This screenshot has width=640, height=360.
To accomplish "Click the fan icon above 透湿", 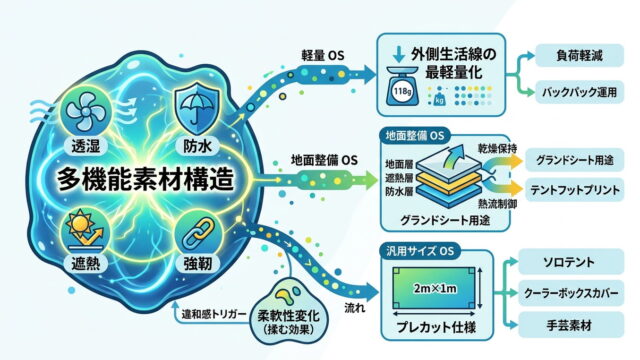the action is point(86,111).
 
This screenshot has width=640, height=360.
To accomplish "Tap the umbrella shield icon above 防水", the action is point(197,107).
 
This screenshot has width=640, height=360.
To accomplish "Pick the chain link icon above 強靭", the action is point(198,233).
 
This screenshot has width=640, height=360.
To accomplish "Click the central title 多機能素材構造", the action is point(146,179).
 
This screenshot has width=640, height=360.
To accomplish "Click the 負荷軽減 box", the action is point(580,56).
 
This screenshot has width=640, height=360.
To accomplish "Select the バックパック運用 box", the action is point(580,92).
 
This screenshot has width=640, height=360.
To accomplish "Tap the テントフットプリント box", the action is point(575,190).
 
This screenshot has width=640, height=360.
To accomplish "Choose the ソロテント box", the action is point(571,262).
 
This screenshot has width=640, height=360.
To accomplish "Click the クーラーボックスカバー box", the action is point(571,293).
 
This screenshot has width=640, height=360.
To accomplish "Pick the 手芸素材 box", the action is point(571,325).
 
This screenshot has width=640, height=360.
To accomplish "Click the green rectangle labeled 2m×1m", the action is point(434,288).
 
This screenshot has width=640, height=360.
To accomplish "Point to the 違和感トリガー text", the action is point(213,314).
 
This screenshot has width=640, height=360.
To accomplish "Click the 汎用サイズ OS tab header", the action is point(420,250).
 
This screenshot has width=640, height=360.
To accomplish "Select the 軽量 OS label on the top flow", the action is point(323,56).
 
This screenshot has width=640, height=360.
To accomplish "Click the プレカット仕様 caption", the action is point(436,327).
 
